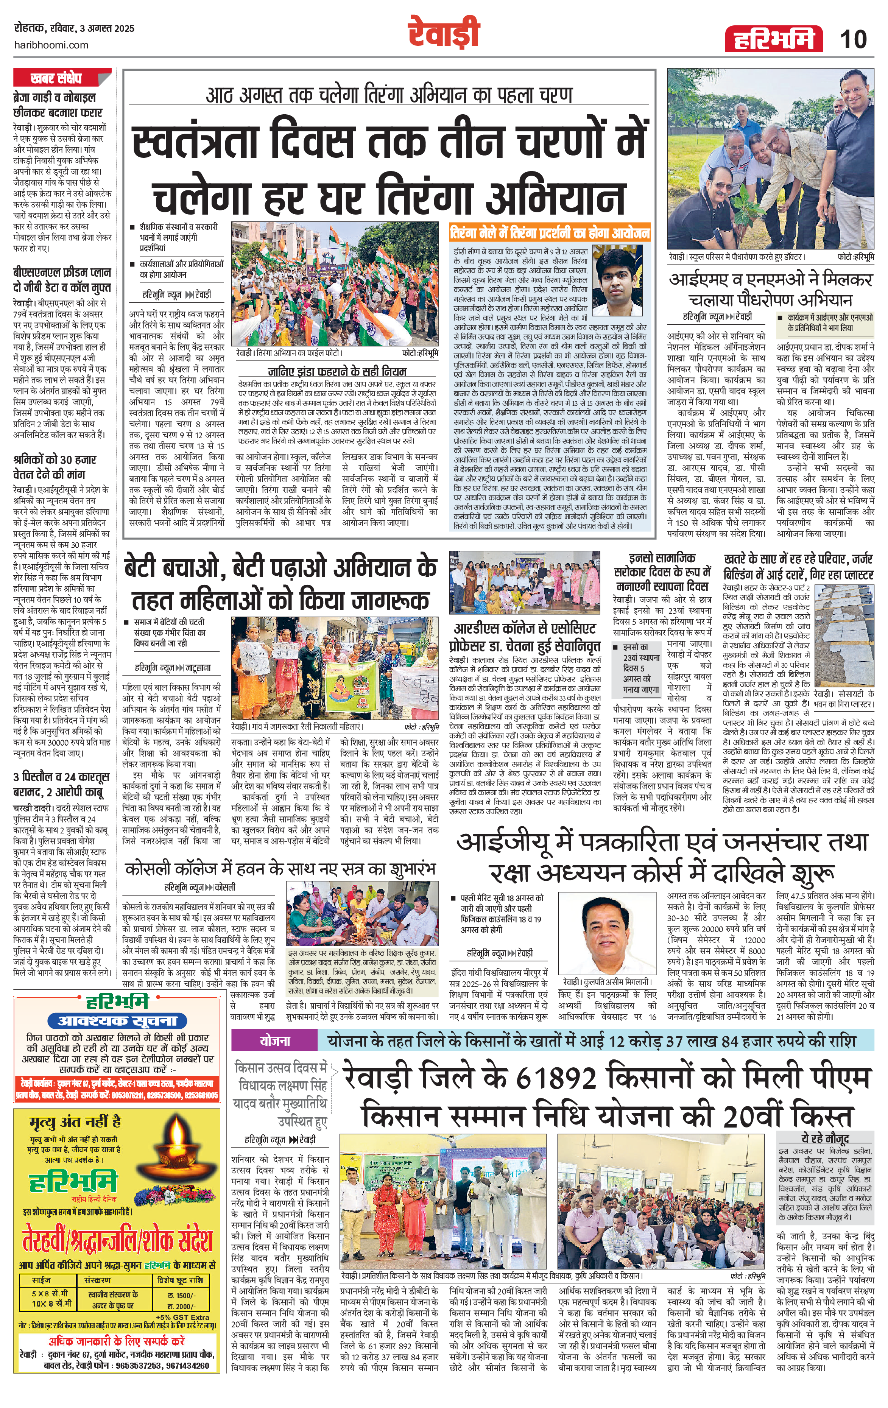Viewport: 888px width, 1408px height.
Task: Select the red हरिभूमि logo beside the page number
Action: [773, 40]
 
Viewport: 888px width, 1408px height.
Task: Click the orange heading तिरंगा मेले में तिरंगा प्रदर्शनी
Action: [550, 233]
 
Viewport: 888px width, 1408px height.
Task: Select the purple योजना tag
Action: [275, 1041]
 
